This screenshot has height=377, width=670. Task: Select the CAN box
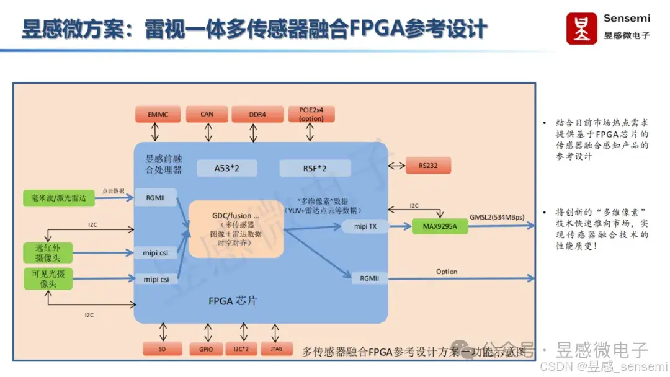(207, 114)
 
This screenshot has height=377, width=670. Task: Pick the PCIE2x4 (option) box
(311, 114)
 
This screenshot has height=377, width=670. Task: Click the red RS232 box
(427, 166)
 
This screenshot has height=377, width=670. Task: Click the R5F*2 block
(315, 168)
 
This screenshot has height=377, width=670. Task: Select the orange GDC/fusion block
(236, 229)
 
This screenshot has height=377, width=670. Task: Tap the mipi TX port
(365, 226)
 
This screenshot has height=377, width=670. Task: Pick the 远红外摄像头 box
(48, 252)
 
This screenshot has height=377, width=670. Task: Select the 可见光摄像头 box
(48, 278)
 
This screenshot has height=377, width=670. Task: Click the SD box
(162, 349)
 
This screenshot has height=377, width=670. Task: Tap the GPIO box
(206, 349)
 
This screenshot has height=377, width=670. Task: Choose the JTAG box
(276, 349)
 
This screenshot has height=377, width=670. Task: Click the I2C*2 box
(241, 349)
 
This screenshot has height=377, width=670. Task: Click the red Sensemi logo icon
(581, 29)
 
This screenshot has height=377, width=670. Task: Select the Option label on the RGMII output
(447, 272)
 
